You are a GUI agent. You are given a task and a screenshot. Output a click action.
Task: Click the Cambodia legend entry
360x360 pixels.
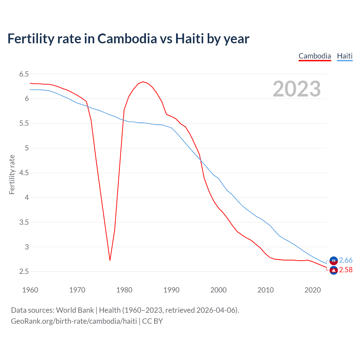tap(315, 56)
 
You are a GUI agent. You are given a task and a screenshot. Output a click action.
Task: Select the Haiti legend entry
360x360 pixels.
tap(345, 56)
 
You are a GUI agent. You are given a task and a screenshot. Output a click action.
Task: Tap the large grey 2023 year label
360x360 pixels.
tap(297, 89)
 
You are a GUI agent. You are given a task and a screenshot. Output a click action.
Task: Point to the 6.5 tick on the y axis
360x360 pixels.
tap(24, 74)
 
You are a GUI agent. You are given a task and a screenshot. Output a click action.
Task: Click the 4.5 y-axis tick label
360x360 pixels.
tap(24, 173)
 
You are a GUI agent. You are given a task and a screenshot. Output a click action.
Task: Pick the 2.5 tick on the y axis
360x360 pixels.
tap(24, 272)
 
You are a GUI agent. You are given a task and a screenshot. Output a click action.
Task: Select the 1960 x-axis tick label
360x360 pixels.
tap(30, 290)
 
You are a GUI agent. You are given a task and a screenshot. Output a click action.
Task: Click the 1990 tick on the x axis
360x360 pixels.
tap(171, 290)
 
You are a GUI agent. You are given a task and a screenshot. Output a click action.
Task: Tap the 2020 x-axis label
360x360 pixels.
tap(312, 290)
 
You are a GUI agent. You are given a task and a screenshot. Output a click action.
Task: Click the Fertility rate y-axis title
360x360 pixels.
tap(12, 174)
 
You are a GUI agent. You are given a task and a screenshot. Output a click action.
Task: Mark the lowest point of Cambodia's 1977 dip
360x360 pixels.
tap(110, 260)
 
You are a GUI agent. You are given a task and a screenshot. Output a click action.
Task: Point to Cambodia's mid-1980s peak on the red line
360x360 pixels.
tap(143, 82)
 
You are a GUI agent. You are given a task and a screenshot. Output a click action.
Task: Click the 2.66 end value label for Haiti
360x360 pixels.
tap(346, 260)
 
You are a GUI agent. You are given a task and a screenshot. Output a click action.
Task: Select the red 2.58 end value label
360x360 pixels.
tap(346, 270)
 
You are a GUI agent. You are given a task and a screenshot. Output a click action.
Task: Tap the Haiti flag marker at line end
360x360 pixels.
tap(334, 261)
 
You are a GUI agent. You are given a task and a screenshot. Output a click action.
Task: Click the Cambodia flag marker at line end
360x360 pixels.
tap(334, 271)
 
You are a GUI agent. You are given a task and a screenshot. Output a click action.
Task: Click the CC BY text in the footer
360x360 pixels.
tap(152, 321)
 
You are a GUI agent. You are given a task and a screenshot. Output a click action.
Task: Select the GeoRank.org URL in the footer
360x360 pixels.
tap(74, 321)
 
